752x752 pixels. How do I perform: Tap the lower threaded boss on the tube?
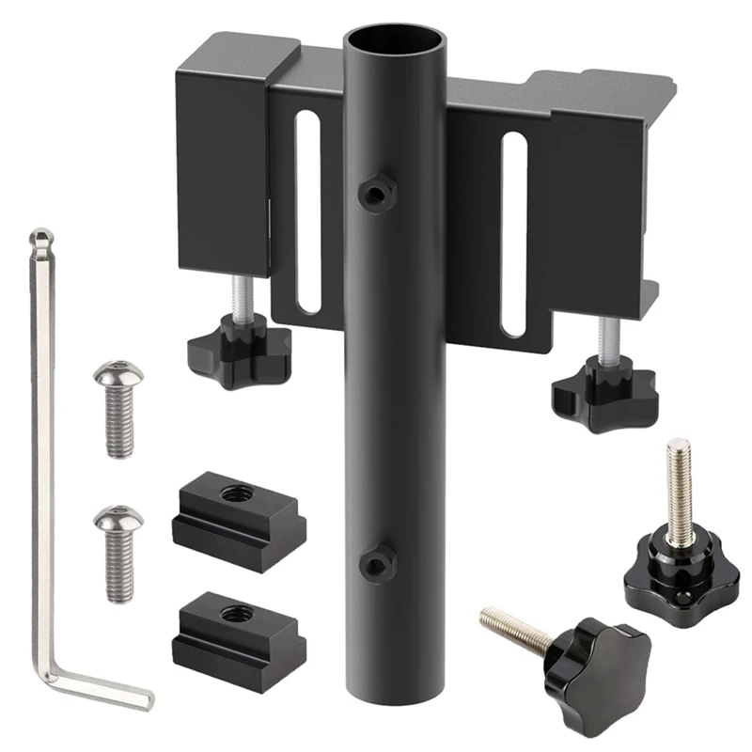[376, 564]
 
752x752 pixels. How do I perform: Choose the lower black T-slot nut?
[239, 633]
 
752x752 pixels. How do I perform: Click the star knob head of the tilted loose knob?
[592, 662]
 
